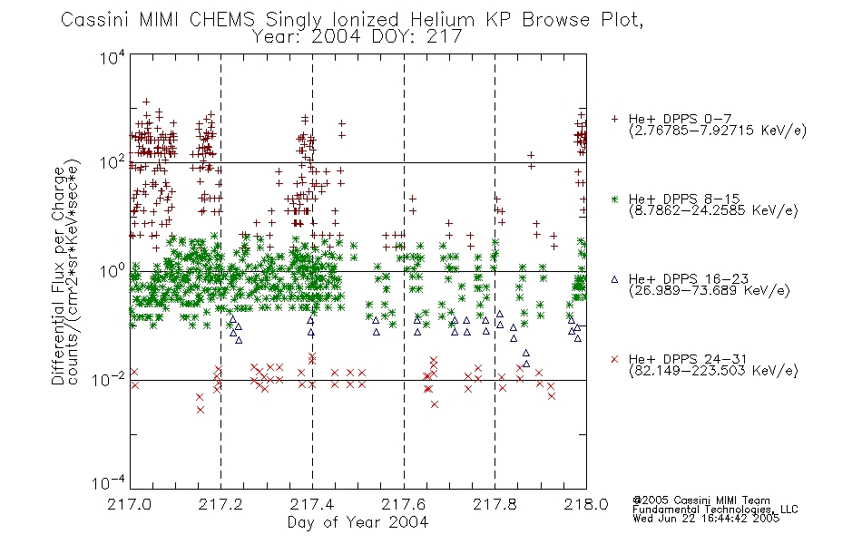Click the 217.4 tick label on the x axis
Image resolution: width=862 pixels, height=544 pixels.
[x=312, y=504]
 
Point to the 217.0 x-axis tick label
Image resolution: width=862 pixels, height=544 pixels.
[x=130, y=504]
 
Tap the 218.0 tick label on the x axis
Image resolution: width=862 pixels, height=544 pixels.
[x=586, y=504]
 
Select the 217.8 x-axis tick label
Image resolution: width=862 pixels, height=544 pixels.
[x=495, y=504]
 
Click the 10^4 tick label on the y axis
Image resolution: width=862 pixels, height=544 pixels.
[x=113, y=58]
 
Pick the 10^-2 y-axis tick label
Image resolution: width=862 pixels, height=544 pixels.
[x=109, y=379]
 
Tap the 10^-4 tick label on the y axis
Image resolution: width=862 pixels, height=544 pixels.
[x=109, y=483]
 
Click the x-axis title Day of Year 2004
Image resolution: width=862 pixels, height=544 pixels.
[x=358, y=522]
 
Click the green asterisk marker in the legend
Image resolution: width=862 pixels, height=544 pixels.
[x=614, y=199]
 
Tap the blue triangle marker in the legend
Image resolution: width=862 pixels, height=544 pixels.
[x=614, y=279]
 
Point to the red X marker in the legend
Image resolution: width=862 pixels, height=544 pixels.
[x=614, y=359]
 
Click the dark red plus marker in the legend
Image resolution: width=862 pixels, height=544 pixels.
[x=614, y=119]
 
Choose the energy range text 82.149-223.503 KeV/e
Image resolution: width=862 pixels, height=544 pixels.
[x=713, y=371]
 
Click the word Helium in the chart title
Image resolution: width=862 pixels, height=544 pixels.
[x=442, y=20]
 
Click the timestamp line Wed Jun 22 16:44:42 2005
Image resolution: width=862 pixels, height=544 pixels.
[x=706, y=518]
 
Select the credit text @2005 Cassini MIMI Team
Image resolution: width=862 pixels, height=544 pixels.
[x=700, y=500]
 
